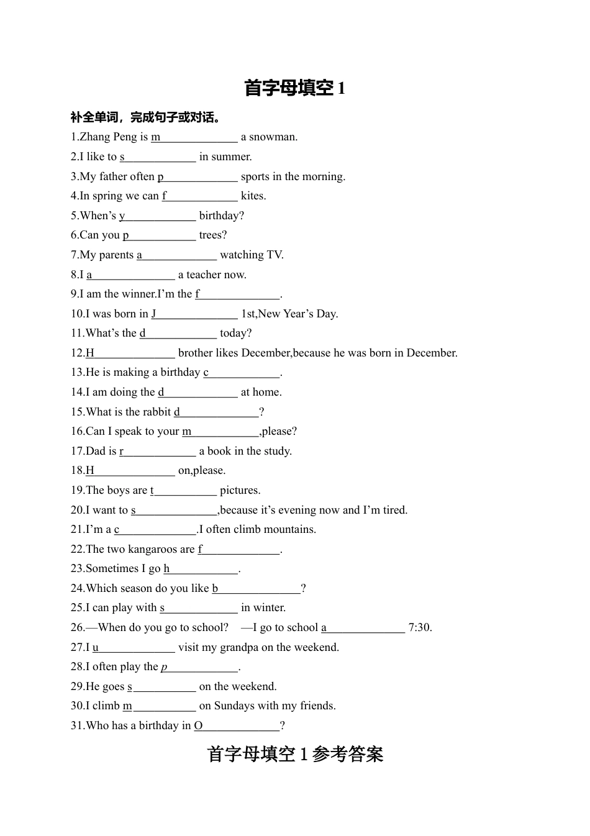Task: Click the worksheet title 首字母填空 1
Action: tap(294, 88)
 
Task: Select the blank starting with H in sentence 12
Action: tap(130, 353)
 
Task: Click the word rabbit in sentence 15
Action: tap(156, 412)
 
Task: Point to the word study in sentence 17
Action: tap(276, 451)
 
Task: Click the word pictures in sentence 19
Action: tap(240, 490)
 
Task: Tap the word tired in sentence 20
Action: tap(394, 510)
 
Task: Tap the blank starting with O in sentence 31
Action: tap(237, 725)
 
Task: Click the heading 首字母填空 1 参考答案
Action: tap(295, 754)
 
